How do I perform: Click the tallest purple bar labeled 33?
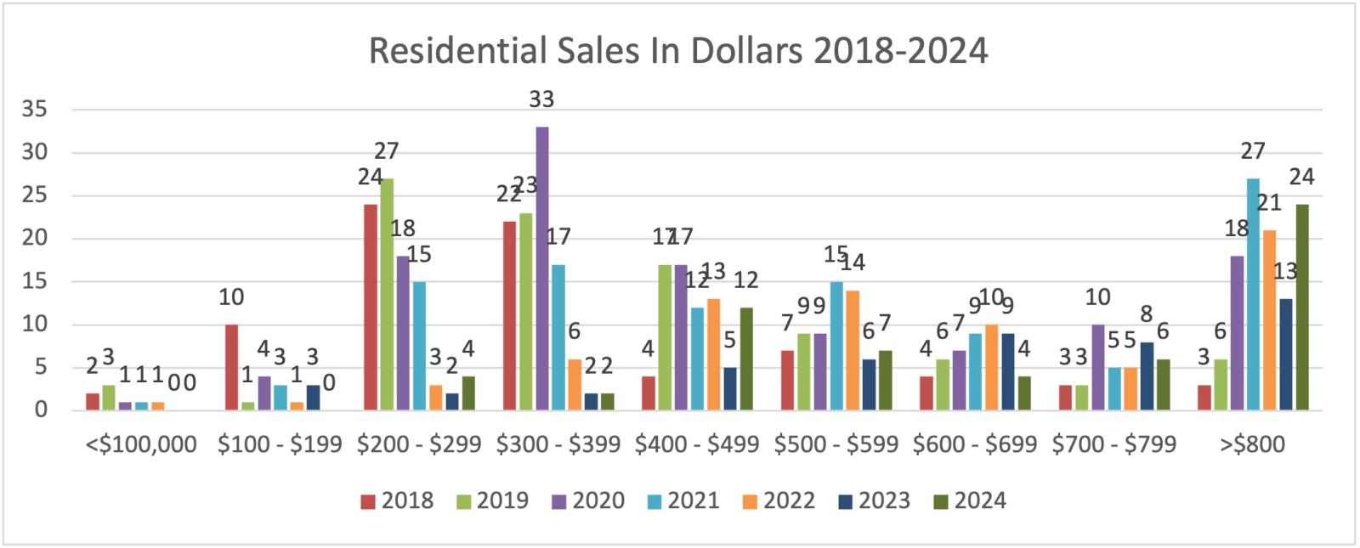tap(541, 268)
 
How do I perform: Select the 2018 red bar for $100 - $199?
tap(231, 367)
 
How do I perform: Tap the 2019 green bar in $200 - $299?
tap(387, 294)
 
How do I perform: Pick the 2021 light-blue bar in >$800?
tap(1253, 294)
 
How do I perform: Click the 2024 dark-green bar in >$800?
tap(1302, 308)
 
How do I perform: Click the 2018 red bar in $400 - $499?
tap(648, 393)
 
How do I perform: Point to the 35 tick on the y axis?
tap(35, 110)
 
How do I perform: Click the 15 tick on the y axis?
tap(35, 281)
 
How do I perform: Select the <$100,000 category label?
tap(141, 444)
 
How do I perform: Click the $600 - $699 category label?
tap(975, 444)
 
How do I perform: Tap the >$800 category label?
tap(1253, 444)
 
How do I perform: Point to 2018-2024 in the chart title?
tap(900, 51)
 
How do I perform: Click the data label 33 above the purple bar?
tap(541, 99)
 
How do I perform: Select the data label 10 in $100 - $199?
tap(231, 297)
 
